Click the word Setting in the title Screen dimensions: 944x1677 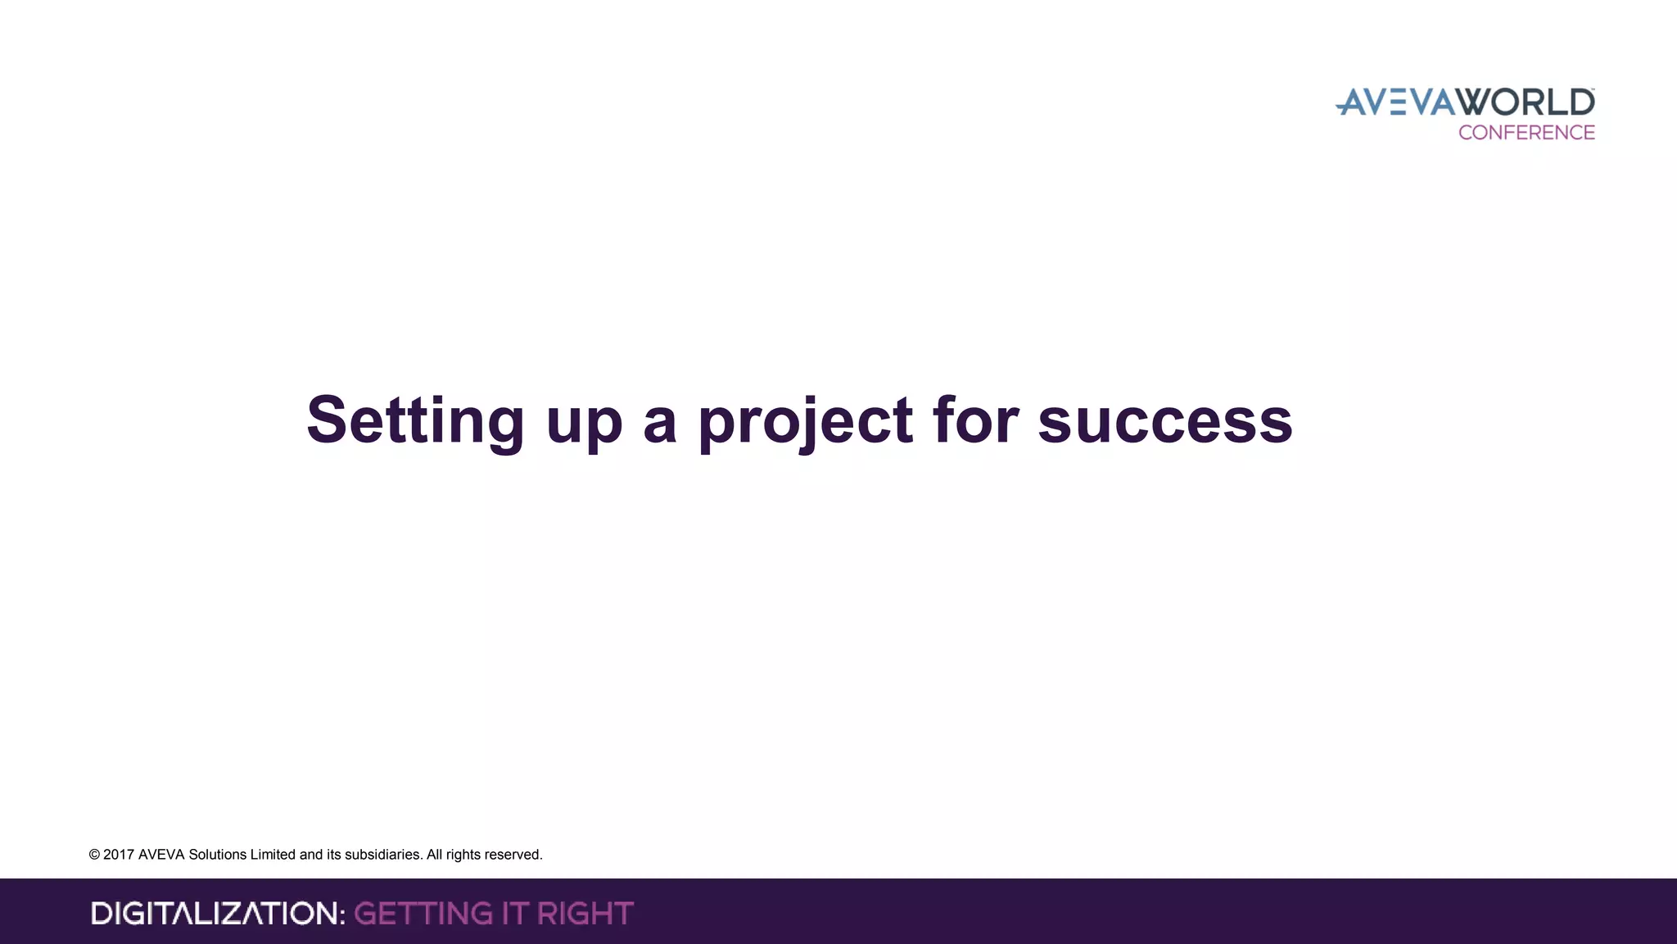pos(415,420)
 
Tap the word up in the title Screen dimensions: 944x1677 pos(584,424)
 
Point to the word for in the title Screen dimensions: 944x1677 pos(975,420)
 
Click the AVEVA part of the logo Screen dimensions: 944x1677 pos(1397,102)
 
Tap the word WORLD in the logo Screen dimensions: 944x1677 pos(1526,102)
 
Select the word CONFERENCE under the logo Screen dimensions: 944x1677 pos(1526,133)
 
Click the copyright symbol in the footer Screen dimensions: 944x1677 pos(94,855)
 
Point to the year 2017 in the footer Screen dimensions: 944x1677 pos(119,855)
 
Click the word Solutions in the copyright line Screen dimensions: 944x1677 pos(218,855)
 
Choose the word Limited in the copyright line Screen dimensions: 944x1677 pos(273,855)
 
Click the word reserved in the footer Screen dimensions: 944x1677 pos(515,855)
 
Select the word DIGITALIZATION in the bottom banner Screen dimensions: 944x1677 pos(218,913)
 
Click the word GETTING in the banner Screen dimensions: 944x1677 pos(423,913)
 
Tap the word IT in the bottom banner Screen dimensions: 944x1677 pos(514,913)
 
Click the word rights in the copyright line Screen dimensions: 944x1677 pos(464,855)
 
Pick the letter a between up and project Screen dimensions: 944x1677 pos(660,424)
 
